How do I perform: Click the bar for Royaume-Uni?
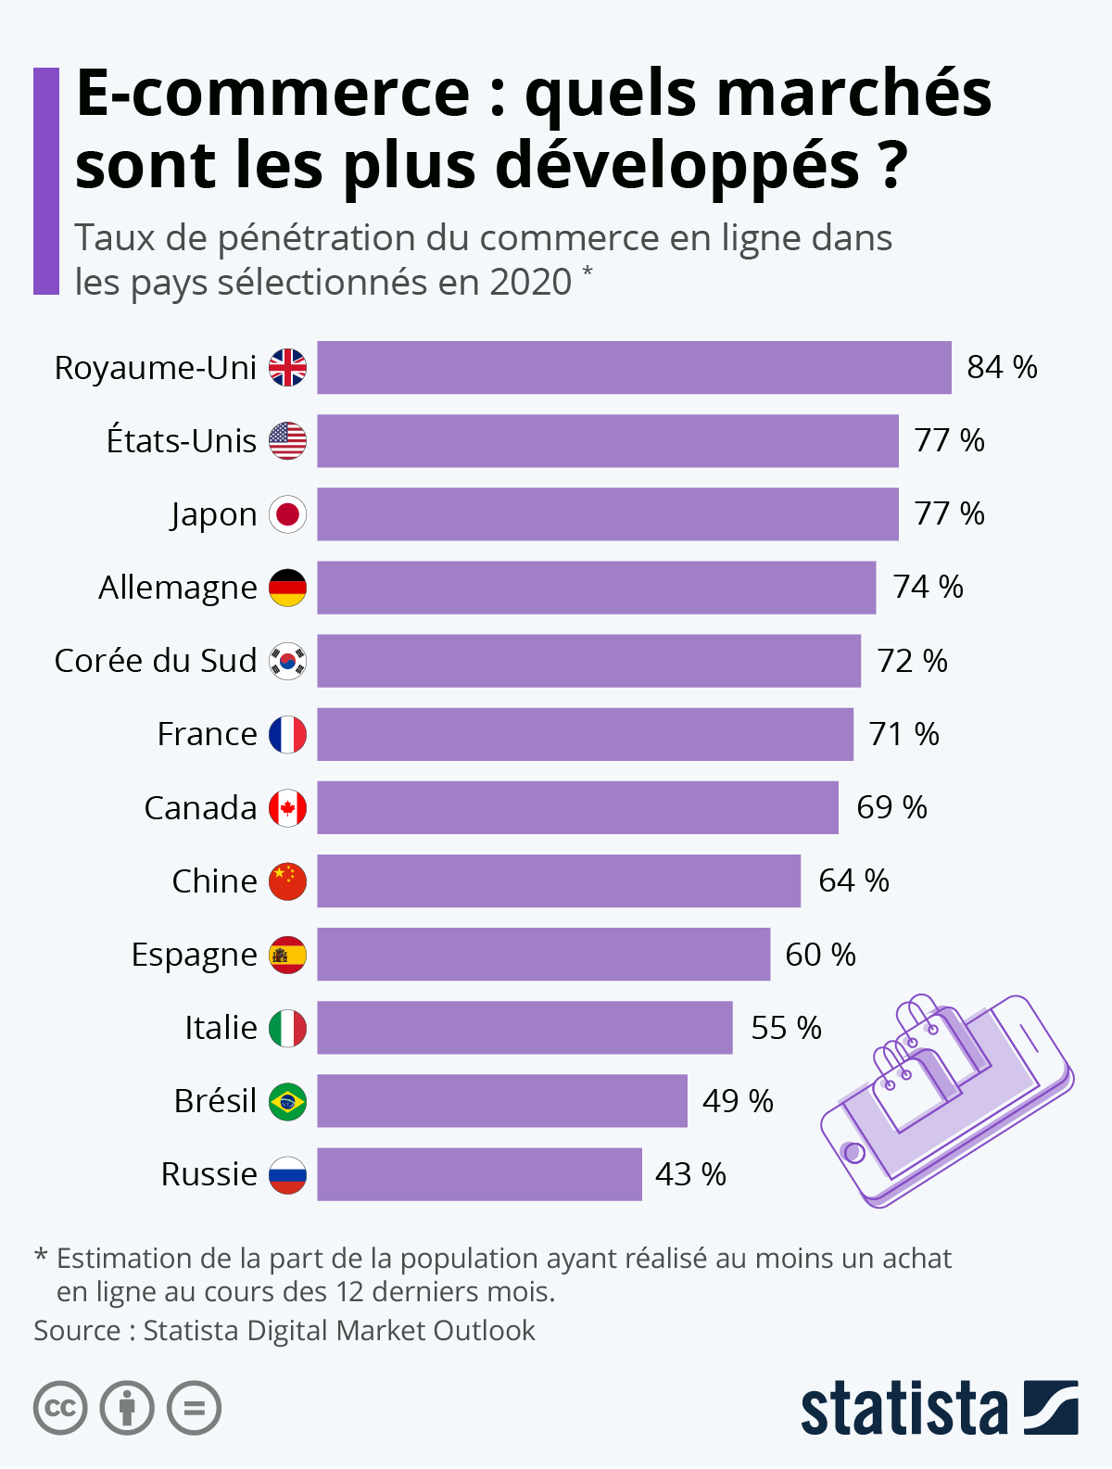[634, 367]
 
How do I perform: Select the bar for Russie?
[479, 1174]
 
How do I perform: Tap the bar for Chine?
[559, 880]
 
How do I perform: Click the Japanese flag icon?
[287, 514]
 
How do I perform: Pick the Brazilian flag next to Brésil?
[287, 1101]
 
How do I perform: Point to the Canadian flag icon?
[287, 808]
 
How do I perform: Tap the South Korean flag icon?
[287, 661]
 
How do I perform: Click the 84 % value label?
[1002, 367]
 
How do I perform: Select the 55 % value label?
[786, 1028]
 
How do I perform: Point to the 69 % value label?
[891, 807]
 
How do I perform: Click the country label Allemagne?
[178, 588]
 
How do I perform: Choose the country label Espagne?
[194, 955]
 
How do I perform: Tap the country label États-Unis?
[182, 441]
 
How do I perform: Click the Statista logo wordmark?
[903, 1409]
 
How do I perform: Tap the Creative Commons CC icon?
[60, 1409]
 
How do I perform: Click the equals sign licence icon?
[195, 1409]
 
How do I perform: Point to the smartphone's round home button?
[853, 1153]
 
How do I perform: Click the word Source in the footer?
[78, 1331]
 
